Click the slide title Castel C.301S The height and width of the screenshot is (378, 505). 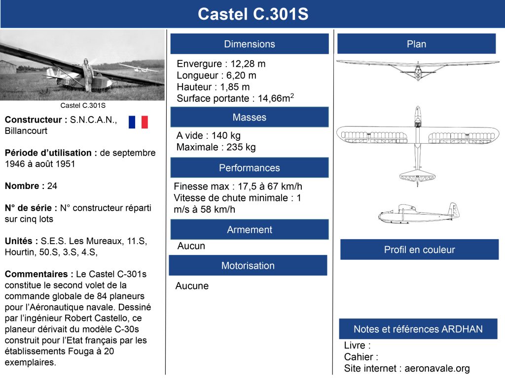pyautogui.click(x=252, y=14)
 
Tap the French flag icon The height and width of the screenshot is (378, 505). pyautogui.click(x=138, y=122)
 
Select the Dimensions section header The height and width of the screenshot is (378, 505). pyautogui.click(x=250, y=44)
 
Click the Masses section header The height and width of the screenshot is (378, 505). pyautogui.click(x=250, y=117)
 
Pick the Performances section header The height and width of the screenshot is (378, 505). pyautogui.click(x=250, y=168)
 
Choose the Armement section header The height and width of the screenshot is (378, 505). pyautogui.click(x=250, y=229)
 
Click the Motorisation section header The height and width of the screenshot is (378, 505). pyautogui.click(x=248, y=265)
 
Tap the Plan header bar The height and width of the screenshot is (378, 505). pyautogui.click(x=416, y=44)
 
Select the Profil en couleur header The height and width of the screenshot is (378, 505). pyautogui.click(x=419, y=250)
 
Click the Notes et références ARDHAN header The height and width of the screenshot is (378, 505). pyautogui.click(x=418, y=329)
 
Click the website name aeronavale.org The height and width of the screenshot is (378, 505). pyautogui.click(x=437, y=368)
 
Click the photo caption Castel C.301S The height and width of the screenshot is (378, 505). pyautogui.click(x=83, y=105)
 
